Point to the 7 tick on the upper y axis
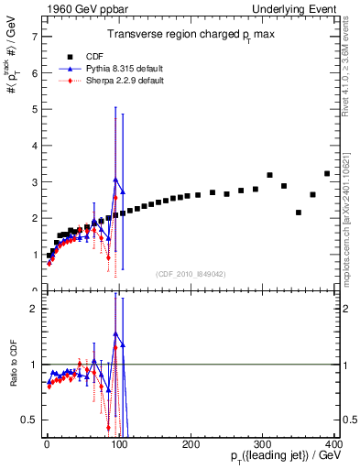[x=33, y=37]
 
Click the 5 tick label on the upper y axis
[x=33, y=110]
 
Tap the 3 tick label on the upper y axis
[x=33, y=182]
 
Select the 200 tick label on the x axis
[x=191, y=443]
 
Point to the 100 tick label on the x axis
[x=119, y=443]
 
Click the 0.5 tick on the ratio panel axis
[x=28, y=420]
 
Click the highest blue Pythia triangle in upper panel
[x=115, y=180]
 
